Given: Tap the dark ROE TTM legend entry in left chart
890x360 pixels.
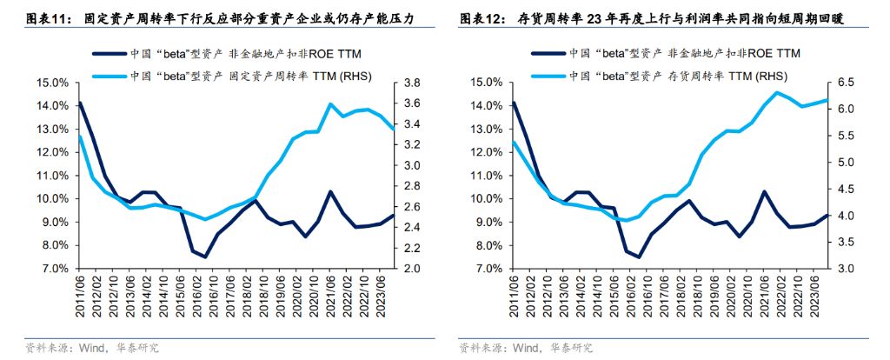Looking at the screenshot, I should (x=253, y=54).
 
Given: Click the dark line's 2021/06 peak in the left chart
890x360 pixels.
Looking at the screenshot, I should (x=330, y=191).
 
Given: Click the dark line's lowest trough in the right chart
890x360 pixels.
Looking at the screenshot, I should (x=639, y=257).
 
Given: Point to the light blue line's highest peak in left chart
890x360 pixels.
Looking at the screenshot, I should (x=330, y=104).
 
